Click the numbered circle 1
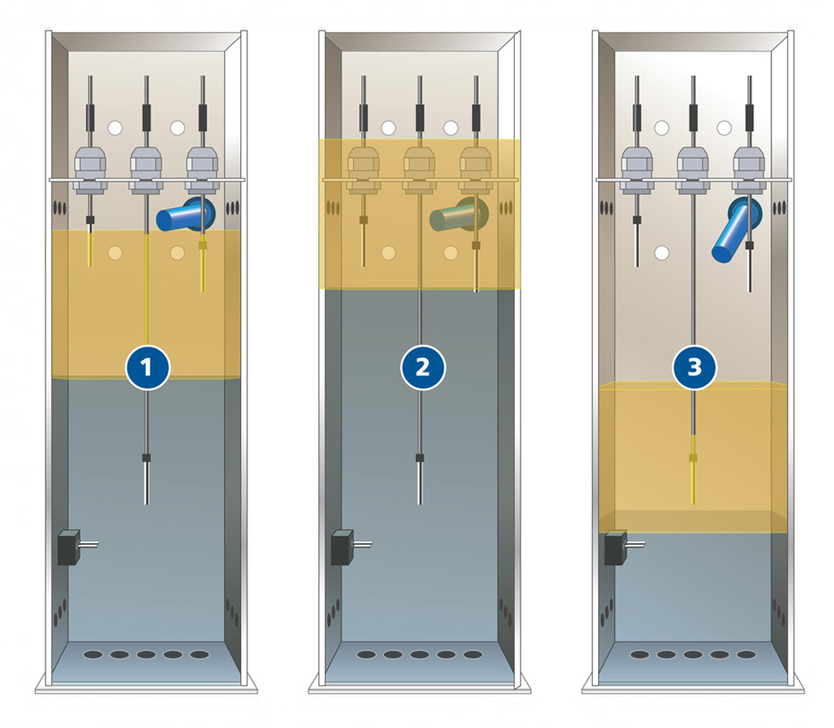coord(147,368)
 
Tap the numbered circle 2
coord(422,368)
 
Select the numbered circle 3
coord(695,368)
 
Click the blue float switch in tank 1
coord(186,215)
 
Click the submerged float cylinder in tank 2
coord(459,215)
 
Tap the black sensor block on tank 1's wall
coord(69,548)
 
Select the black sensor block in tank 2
coord(343,548)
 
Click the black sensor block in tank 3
coord(616,548)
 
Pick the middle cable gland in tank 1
coord(146,170)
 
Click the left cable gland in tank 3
coord(638,170)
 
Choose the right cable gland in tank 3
coord(749,170)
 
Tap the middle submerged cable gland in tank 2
coord(420,170)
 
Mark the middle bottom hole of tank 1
coord(146,654)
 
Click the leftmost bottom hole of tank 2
coord(366,654)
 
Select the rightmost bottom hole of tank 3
coord(746,654)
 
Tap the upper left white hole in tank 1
coord(115,128)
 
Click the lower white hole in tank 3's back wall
coord(662,253)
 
